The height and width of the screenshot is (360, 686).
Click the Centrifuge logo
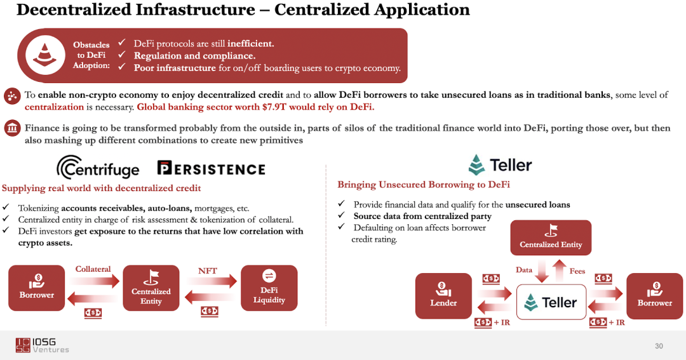[98, 168]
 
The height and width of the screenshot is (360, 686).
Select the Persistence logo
[211, 168]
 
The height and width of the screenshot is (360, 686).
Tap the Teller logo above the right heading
[500, 165]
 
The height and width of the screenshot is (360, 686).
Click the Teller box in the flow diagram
[551, 302]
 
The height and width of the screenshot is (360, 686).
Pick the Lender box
[443, 295]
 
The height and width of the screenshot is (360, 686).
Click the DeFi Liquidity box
[269, 288]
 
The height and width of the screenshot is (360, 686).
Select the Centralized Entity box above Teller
[551, 238]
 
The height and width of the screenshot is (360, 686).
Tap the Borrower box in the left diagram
[37, 288]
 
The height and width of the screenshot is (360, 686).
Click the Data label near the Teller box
[524, 270]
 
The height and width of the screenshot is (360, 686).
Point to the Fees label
[577, 271]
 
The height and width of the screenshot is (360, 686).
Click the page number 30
[659, 346]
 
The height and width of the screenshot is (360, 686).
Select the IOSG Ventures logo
[42, 345]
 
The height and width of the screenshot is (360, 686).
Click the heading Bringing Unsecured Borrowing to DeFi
[423, 185]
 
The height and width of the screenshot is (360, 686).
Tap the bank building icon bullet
[11, 128]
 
